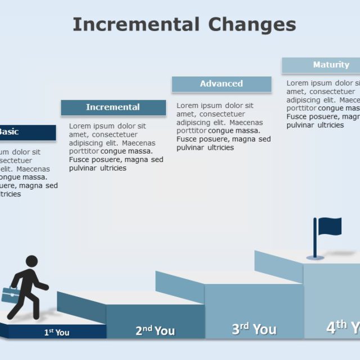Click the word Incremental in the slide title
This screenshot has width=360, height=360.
pyautogui.click(x=136, y=25)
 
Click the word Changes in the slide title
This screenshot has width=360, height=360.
pyautogui.click(x=252, y=25)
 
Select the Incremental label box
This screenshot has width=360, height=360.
pyautogui.click(x=113, y=107)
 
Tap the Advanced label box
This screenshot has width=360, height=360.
pyautogui.click(x=222, y=84)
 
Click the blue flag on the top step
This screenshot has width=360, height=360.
pyautogui.click(x=330, y=226)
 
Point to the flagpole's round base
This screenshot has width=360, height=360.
pyautogui.click(x=315, y=258)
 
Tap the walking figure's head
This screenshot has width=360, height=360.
pyautogui.click(x=31, y=262)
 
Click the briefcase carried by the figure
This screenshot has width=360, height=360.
pyautogui.click(x=10, y=294)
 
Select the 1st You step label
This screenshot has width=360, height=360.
pyautogui.click(x=57, y=332)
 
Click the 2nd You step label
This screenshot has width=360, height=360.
pyautogui.click(x=155, y=331)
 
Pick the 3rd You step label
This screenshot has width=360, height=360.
pyautogui.click(x=254, y=329)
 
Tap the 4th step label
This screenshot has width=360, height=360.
pyautogui.click(x=343, y=327)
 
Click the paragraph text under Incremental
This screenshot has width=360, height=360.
pyautogui.click(x=116, y=147)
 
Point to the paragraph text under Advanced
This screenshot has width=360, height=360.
pyautogui.click(x=223, y=127)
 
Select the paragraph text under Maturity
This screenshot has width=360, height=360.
pyautogui.click(x=323, y=104)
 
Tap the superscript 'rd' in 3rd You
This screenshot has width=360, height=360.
pyautogui.click(x=245, y=325)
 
